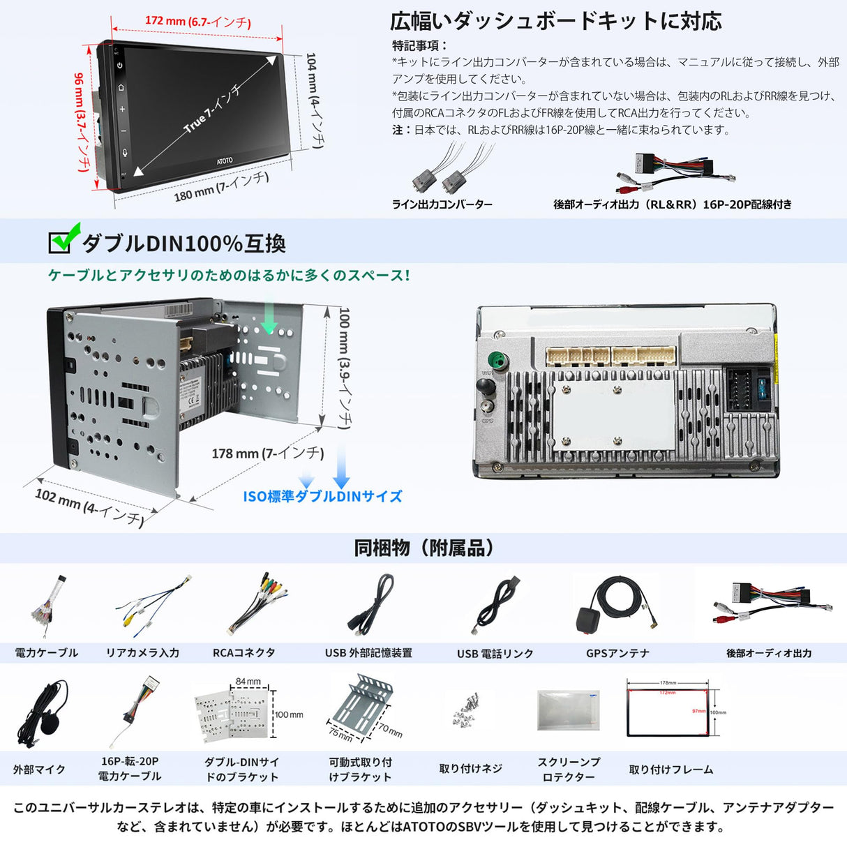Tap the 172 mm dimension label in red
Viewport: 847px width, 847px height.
[197, 22]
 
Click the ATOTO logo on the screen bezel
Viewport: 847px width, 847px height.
[225, 161]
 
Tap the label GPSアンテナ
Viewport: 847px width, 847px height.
[617, 654]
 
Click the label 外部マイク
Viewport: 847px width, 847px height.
[39, 770]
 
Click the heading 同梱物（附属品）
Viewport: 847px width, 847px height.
[423, 548]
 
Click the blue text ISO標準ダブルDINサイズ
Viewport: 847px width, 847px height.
[322, 497]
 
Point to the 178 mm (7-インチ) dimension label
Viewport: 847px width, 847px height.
[268, 454]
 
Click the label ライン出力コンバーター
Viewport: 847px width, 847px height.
[442, 204]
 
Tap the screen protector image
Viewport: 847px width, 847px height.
[568, 710]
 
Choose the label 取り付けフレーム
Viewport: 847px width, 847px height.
[670, 770]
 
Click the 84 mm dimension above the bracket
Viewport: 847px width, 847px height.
[248, 682]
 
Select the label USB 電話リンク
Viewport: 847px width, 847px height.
[495, 654]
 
